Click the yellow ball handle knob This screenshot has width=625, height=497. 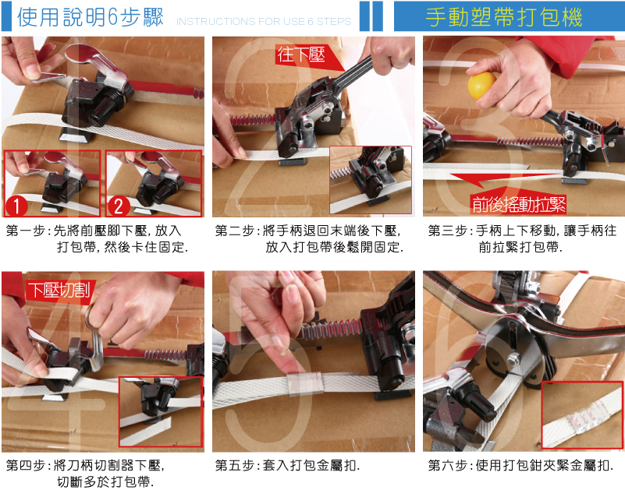tap(481, 85)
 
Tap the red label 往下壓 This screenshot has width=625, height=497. tap(302, 55)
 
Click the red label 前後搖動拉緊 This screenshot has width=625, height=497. tap(519, 204)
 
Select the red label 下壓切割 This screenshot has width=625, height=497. tap(59, 290)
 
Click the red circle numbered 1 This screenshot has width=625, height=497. tap(16, 206)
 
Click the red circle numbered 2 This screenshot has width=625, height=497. tap(119, 206)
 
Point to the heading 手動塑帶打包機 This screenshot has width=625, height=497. tap(504, 16)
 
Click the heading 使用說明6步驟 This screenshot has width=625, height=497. tap(90, 17)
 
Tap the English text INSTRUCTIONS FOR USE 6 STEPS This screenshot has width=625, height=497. tap(264, 21)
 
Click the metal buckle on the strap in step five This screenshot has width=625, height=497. tap(306, 383)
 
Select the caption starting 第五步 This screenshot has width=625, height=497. tap(287, 465)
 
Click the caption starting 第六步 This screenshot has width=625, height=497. tap(520, 465)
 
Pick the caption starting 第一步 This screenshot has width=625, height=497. tap(98, 238)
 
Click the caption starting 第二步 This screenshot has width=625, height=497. tap(309, 238)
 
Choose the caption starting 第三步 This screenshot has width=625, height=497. tap(522, 238)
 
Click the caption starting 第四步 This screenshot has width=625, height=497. tap(85, 474)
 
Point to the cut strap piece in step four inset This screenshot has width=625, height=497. tap(146, 431)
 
